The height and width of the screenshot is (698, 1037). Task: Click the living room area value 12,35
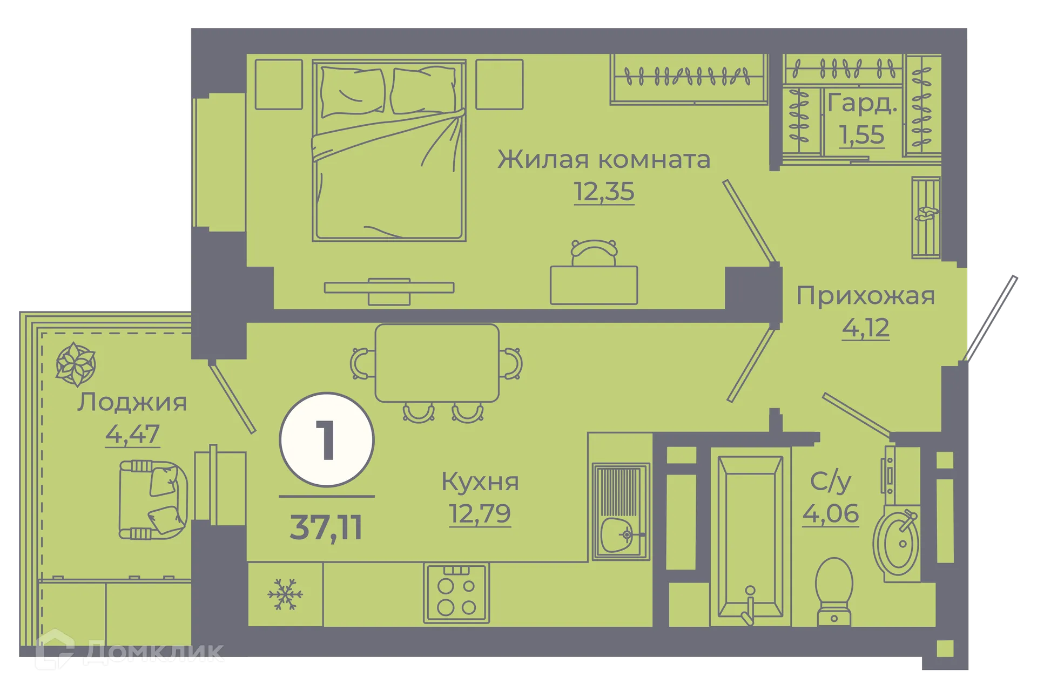coord(603,192)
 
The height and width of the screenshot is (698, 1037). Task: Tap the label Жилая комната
coord(603,160)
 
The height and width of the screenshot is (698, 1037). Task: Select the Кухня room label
coord(480,482)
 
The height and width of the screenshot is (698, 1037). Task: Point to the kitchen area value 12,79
coord(480,513)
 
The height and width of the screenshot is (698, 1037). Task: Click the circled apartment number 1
coord(327,440)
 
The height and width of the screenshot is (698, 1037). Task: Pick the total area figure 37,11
coord(326,527)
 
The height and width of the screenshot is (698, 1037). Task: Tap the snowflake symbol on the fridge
coord(285,594)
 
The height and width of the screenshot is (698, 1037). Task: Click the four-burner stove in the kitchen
coord(456,594)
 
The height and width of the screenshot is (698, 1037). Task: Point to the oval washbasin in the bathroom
coord(897,541)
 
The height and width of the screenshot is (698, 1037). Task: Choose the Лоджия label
coord(132,402)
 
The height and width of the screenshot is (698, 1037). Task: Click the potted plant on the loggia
coord(76,364)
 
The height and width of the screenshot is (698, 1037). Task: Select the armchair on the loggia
coord(152,500)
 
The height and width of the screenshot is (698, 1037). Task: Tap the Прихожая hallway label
coord(865,296)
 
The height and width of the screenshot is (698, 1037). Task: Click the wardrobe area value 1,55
coord(861,135)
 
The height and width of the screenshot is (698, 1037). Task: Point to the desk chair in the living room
coord(594,253)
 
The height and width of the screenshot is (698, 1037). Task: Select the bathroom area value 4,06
coord(830,513)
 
